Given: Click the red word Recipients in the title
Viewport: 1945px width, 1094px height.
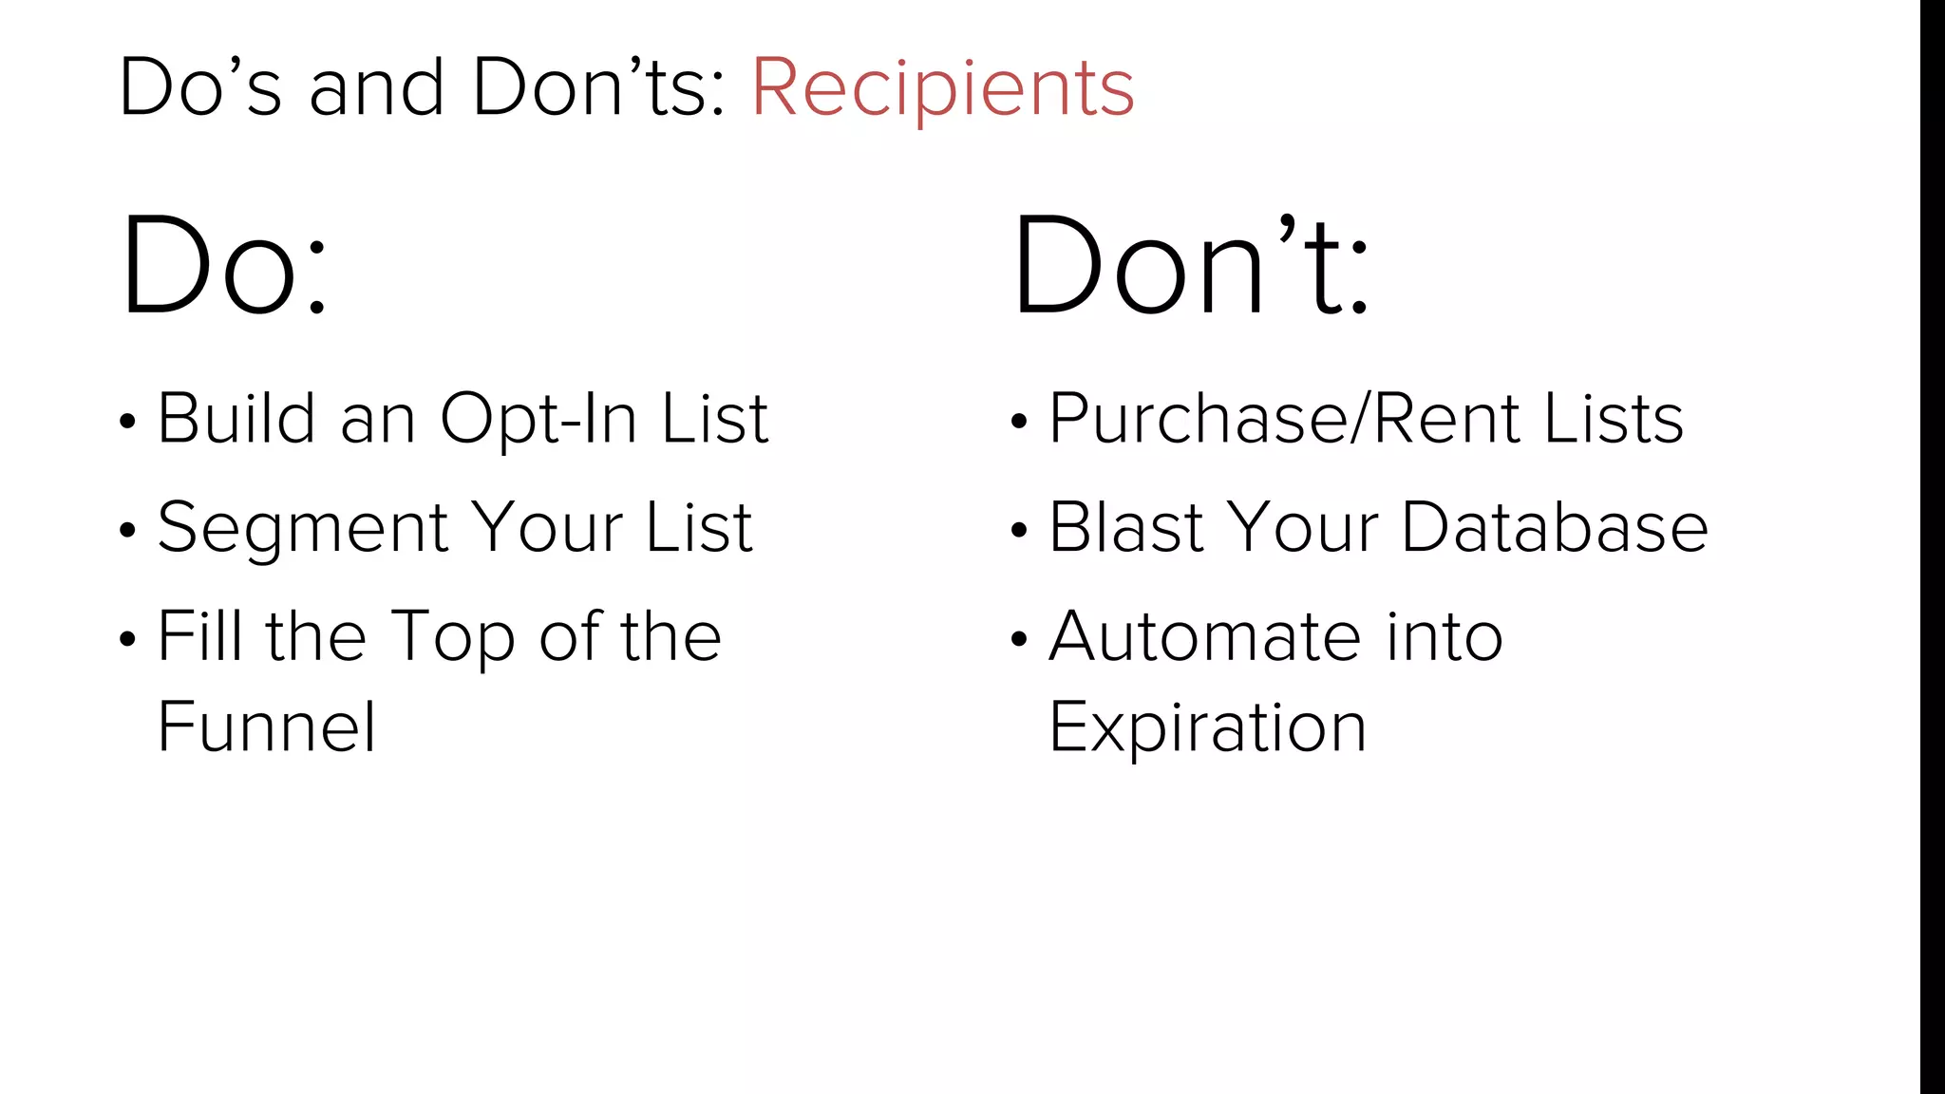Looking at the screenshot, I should click(x=942, y=88).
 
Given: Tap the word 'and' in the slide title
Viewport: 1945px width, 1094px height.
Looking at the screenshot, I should click(x=376, y=88).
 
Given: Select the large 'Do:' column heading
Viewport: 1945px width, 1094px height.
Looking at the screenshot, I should click(x=224, y=265).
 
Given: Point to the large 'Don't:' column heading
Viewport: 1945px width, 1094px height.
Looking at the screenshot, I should click(x=1191, y=265).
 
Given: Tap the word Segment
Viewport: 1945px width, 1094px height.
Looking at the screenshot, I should click(x=303, y=528).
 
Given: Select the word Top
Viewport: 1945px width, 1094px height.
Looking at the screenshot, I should click(x=453, y=637).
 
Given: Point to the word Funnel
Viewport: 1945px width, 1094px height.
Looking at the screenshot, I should click(x=267, y=727).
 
